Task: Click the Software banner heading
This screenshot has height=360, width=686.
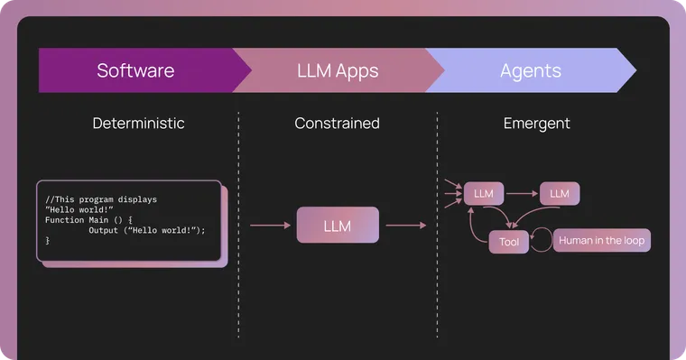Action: click(135, 70)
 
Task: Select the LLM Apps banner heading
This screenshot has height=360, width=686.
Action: click(337, 70)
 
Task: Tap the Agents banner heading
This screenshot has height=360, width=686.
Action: click(530, 70)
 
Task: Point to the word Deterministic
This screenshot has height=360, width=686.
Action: click(138, 124)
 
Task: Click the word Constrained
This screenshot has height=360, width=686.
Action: click(337, 124)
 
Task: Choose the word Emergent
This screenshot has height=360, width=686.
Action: click(536, 124)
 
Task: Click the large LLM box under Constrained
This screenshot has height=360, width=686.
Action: click(338, 226)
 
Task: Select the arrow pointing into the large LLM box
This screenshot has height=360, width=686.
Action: click(270, 226)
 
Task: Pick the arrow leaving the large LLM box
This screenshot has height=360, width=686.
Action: click(405, 226)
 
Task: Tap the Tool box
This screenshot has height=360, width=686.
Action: click(509, 242)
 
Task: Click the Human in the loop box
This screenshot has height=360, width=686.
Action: click(601, 241)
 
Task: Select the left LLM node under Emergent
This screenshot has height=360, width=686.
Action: click(484, 193)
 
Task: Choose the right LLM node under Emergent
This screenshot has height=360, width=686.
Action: click(560, 193)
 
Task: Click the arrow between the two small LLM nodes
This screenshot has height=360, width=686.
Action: click(522, 193)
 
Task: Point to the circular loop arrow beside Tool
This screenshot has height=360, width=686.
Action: click(541, 241)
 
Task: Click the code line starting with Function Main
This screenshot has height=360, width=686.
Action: click(88, 219)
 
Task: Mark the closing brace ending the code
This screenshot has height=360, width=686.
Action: click(48, 241)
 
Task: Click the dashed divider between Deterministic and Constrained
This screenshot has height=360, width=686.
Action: click(238, 226)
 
